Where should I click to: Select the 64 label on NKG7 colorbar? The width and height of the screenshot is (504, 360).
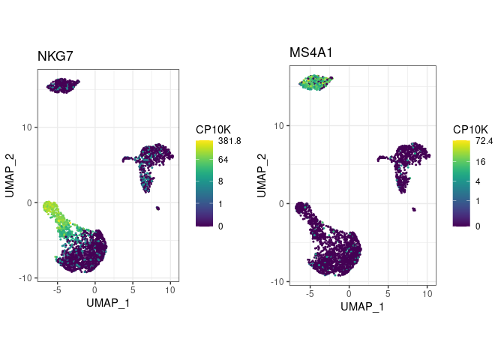pos(223,160)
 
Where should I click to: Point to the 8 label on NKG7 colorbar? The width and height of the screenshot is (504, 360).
pos(220,182)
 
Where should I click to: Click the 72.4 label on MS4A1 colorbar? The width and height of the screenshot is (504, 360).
pos(478,140)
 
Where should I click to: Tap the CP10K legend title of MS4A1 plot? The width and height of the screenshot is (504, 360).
pos(470,129)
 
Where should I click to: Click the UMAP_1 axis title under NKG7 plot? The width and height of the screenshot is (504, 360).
pos(108,302)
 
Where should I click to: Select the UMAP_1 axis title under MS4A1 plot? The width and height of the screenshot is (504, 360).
pos(362,307)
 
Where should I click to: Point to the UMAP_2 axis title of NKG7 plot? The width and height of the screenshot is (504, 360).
pos(10,173)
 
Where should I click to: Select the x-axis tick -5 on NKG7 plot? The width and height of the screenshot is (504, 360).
pos(57,289)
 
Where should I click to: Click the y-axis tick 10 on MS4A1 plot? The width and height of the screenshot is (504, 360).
pos(279,125)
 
